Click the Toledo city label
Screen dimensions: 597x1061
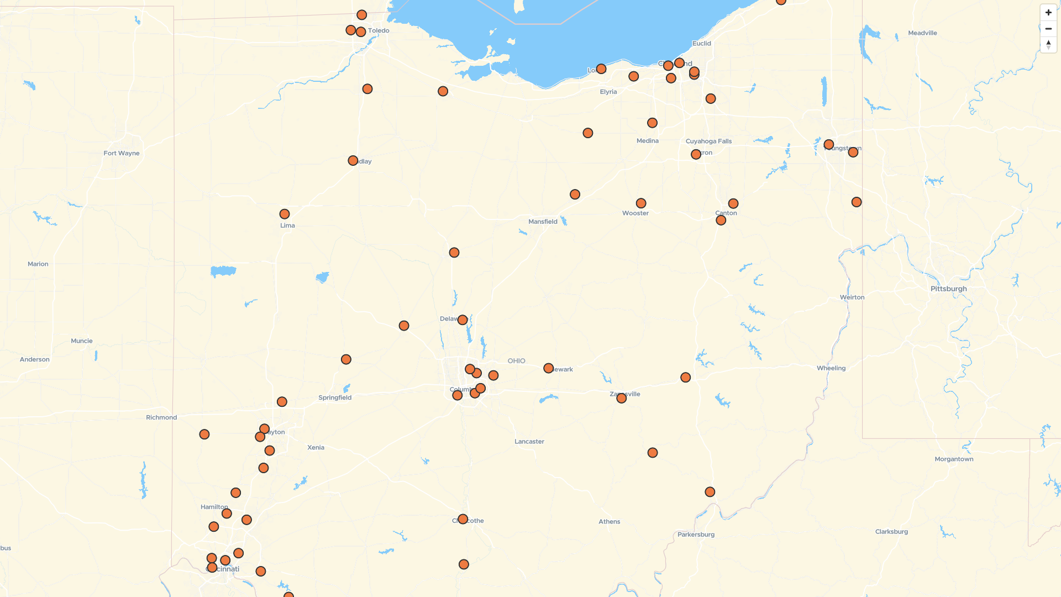pos(379,30)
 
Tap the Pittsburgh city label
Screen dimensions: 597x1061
pos(948,289)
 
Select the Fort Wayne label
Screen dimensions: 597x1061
pos(122,153)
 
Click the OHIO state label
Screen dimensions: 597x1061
pos(516,361)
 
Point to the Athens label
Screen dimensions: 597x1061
pos(609,521)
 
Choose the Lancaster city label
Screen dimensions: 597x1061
pos(529,441)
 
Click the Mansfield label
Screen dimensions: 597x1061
pos(543,222)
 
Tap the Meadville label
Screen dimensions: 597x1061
pos(922,33)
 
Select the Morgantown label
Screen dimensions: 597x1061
pos(954,459)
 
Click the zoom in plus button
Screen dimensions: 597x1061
pos(1048,13)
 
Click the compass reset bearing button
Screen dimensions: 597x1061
pos(1048,45)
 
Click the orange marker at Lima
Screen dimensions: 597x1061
pos(285,214)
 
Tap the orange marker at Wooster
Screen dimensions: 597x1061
pos(641,203)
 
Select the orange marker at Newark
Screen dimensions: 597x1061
pos(548,368)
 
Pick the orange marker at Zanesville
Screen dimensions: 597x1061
pos(622,398)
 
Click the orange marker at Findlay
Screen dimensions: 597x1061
pos(353,161)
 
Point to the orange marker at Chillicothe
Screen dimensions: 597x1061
pos(463,519)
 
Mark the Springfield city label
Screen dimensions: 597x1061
pos(335,397)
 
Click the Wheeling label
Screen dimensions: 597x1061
pos(831,368)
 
